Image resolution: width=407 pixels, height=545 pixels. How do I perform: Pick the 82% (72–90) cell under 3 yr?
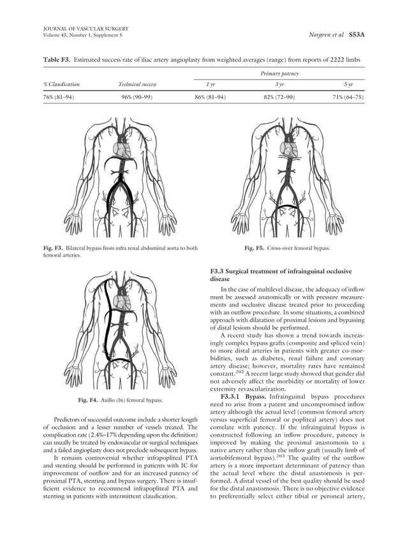point(279,97)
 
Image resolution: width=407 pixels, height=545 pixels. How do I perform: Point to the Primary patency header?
point(279,73)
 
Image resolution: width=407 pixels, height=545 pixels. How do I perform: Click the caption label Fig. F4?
point(87,400)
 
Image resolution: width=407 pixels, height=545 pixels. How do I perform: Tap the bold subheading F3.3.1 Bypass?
point(244,396)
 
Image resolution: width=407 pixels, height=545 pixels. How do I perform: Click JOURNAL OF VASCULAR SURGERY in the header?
point(82,29)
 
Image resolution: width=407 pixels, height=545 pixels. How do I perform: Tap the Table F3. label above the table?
point(56,59)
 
